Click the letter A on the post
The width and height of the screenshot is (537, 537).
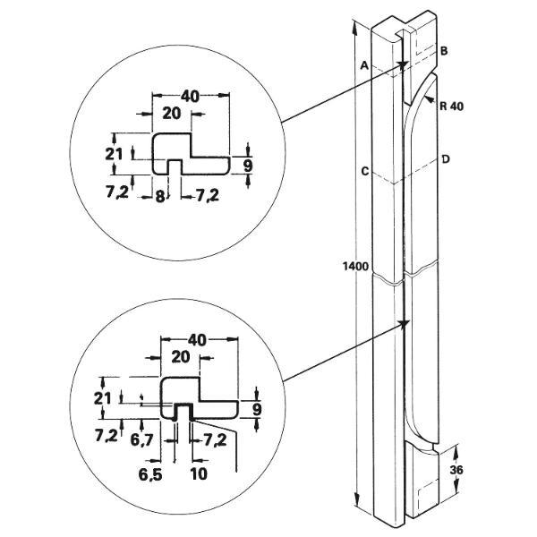pos(364,65)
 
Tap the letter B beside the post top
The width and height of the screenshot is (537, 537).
pos(444,53)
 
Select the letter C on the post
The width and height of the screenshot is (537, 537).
pos(364,170)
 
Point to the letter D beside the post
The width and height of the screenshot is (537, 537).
pos(445,159)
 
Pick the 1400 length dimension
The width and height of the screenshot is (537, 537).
pos(355,266)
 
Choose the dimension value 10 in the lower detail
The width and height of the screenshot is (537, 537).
pos(198,471)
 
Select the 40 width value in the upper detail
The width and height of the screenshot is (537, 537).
pos(189,96)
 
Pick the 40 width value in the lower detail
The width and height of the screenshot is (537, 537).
pos(198,340)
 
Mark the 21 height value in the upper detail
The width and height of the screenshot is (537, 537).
pos(113,154)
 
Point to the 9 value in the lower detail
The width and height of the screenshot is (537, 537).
pos(258,409)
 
